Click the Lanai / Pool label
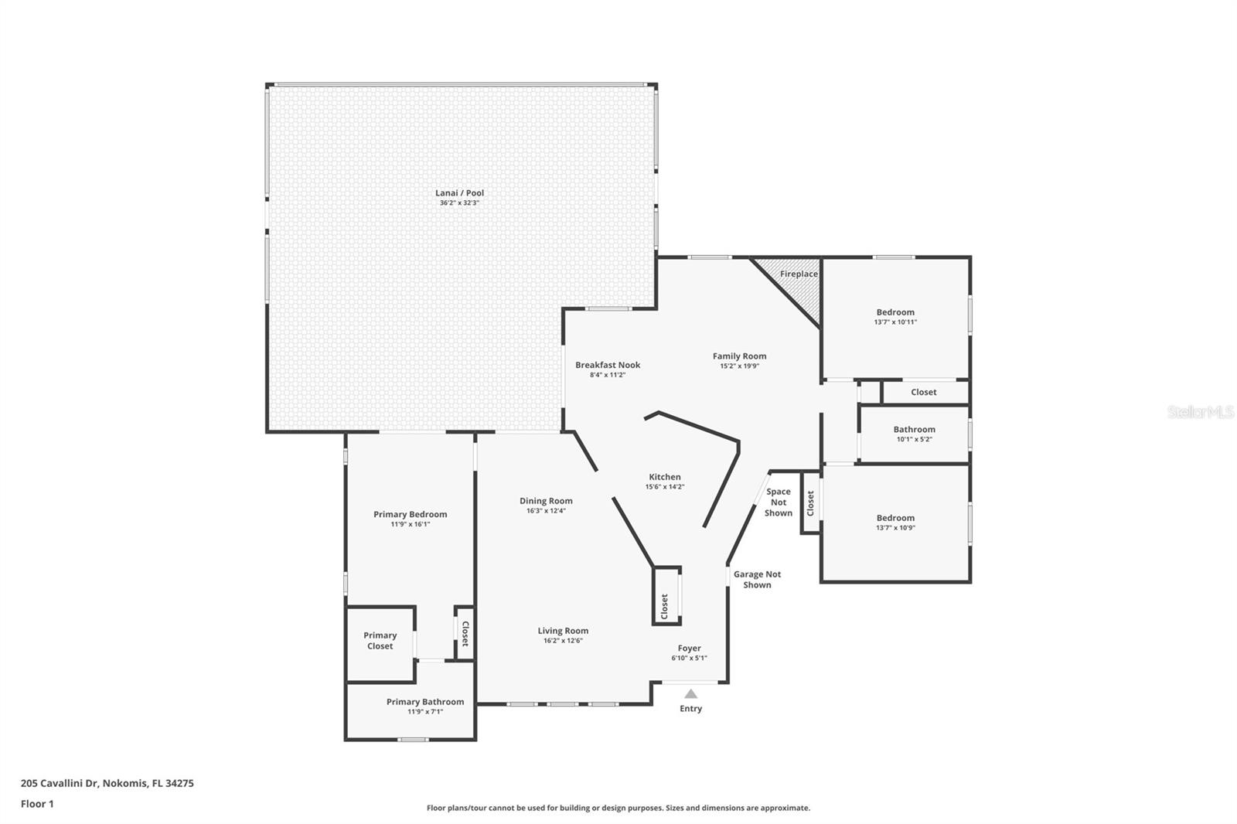[459, 192]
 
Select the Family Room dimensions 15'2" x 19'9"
[739, 366]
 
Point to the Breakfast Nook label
[608, 365]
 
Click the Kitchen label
[665, 477]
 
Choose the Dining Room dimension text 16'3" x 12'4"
[546, 511]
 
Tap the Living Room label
[563, 631]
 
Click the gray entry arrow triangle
[691, 693]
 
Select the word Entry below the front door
[691, 709]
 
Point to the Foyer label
[689, 648]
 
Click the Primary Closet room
[380, 643]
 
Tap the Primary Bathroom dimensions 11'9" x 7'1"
[425, 712]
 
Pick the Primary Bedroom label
[410, 514]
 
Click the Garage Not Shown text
[757, 579]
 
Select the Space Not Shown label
[778, 502]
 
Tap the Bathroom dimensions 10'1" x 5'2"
[915, 440]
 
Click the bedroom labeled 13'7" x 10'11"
[895, 318]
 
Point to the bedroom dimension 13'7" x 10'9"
[895, 527]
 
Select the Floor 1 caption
[37, 804]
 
